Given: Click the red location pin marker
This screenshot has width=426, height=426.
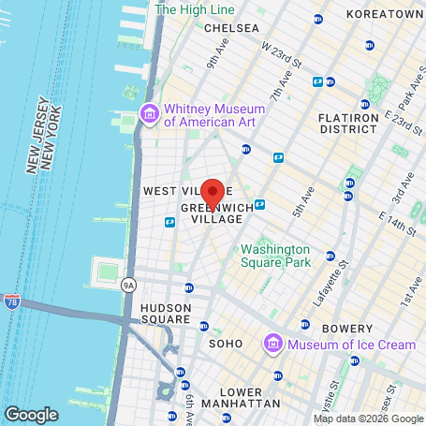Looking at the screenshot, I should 213,193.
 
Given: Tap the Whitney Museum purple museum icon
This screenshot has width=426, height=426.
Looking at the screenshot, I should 148,114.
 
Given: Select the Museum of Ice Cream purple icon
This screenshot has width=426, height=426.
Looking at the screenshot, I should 273,344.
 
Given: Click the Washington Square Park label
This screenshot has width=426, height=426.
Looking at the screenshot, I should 274,256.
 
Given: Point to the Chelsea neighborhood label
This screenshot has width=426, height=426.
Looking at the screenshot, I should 230,28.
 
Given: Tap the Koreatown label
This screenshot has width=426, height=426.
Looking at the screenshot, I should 385,15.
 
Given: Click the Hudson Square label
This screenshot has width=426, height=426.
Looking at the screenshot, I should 167,314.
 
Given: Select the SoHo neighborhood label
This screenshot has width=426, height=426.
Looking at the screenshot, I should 226,344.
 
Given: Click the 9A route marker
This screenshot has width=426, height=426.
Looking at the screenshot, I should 128,285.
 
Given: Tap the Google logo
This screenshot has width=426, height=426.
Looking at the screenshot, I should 31,413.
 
